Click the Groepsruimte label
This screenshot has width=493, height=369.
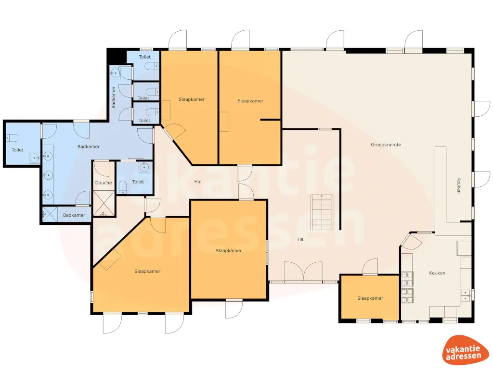[386, 145]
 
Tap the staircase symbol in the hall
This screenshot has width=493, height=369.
[318, 212]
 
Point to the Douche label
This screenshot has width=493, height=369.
[104, 183]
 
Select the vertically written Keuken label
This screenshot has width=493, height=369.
[459, 185]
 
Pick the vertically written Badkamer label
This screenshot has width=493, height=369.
[114, 97]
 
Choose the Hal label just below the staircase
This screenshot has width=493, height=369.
[301, 239]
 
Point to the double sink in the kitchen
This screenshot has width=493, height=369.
[465, 295]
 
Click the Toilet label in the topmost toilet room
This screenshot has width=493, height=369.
[144, 57]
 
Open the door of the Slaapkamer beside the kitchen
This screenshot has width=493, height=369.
[370, 267]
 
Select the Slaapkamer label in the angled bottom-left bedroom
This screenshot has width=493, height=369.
[147, 271]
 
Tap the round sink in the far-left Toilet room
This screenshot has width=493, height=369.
[34, 157]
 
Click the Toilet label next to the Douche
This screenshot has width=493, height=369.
[138, 182]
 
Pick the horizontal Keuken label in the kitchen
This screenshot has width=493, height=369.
[437, 273]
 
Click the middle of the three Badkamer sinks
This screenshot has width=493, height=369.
[48, 175]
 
